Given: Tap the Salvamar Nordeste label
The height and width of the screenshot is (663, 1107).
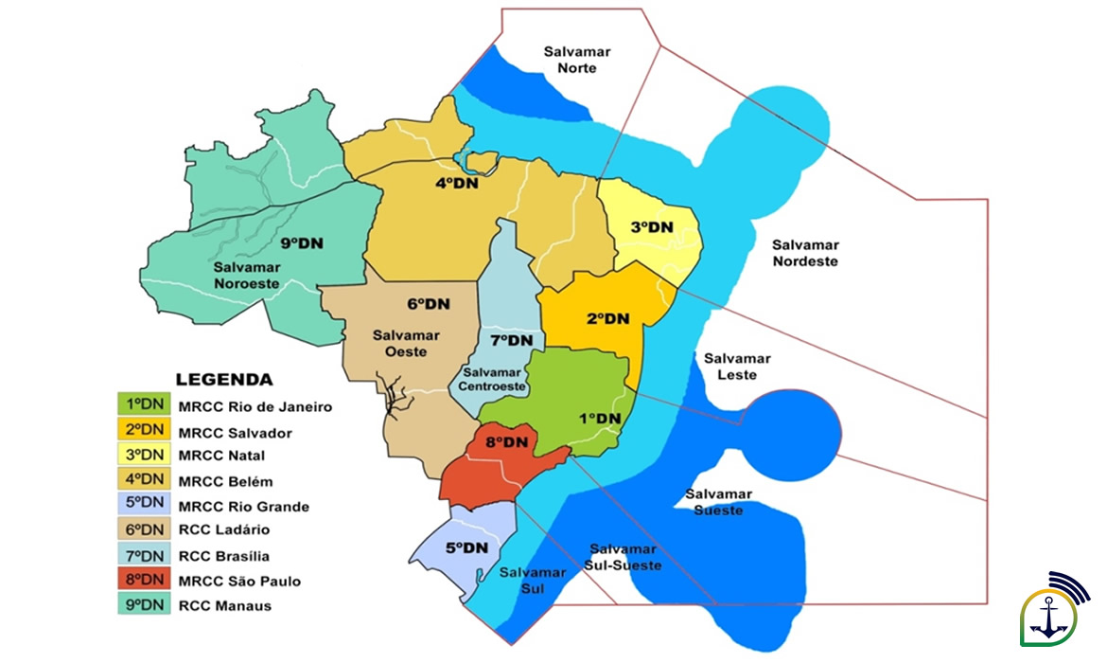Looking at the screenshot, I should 805,253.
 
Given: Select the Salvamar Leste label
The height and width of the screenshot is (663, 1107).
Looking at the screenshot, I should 737,367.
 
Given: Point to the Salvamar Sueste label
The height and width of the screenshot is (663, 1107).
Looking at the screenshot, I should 718,502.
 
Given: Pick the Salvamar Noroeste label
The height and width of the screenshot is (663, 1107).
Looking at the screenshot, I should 247,275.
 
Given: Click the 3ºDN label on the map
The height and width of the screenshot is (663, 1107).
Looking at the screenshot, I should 652,227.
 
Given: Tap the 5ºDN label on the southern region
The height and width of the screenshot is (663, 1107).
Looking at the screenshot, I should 466,547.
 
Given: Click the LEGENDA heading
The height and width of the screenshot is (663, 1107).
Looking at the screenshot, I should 224,380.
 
